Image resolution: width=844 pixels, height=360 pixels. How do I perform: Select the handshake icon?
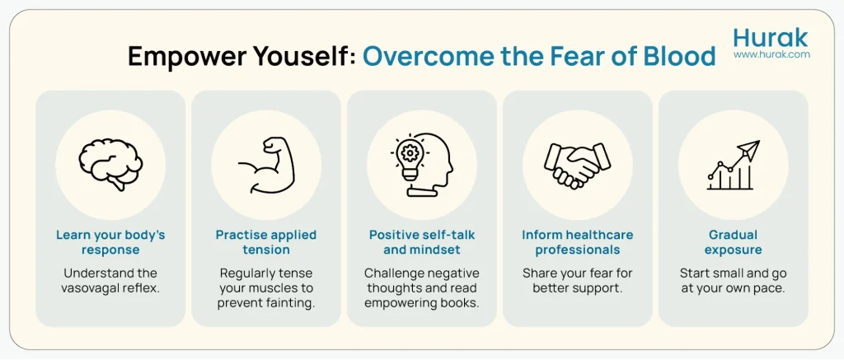click(577, 165)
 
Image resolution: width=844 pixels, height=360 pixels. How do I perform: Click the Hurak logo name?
click(771, 37)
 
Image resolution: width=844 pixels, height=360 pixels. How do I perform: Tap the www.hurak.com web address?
click(771, 54)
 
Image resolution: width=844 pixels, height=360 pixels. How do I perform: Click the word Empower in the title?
click(180, 56)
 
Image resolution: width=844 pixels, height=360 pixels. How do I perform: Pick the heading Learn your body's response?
click(110, 242)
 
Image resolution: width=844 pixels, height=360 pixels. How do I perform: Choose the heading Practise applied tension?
click(265, 242)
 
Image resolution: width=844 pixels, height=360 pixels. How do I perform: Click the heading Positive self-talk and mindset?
click(421, 242)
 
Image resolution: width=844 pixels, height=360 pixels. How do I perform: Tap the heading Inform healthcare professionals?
click(577, 242)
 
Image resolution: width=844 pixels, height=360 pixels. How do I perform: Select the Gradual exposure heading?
click(733, 242)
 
